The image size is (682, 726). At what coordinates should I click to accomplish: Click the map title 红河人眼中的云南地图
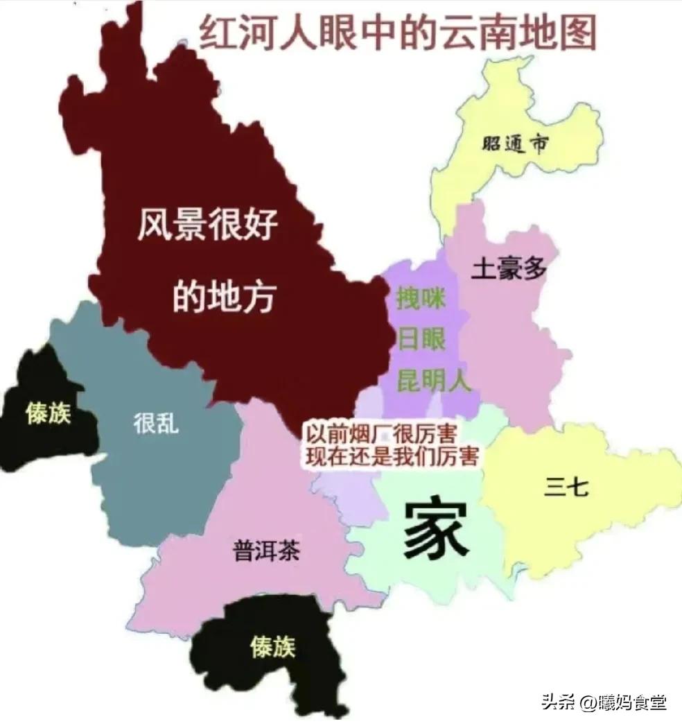(x=398, y=33)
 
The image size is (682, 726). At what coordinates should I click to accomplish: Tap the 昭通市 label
(x=516, y=144)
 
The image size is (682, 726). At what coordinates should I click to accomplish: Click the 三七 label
(x=566, y=487)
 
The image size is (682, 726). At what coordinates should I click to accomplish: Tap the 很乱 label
(x=156, y=422)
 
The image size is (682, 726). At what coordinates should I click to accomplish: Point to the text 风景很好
(x=207, y=225)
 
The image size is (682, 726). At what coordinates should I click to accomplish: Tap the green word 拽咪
(x=421, y=299)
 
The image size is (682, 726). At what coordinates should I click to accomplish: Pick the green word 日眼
(x=421, y=340)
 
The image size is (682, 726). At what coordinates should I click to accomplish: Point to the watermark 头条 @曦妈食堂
(x=604, y=702)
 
